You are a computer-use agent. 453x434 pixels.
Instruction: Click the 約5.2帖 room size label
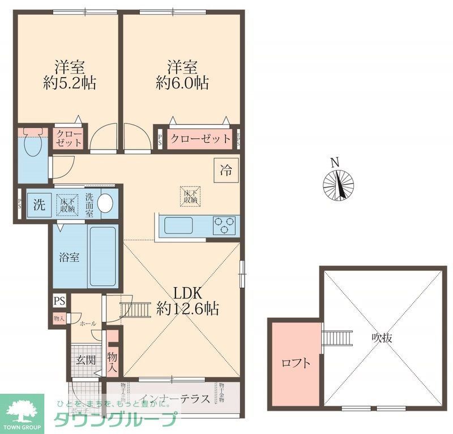pyautogui.click(x=70, y=83)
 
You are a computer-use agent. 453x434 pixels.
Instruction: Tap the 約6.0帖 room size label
pyautogui.click(x=182, y=83)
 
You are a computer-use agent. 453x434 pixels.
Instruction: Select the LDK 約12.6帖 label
pyautogui.click(x=188, y=301)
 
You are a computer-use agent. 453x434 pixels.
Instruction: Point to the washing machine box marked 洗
pyautogui.click(x=39, y=205)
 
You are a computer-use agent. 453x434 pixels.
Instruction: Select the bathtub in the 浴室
pyautogui.click(x=103, y=257)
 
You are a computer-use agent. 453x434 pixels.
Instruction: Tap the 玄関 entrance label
pyautogui.click(x=86, y=359)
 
